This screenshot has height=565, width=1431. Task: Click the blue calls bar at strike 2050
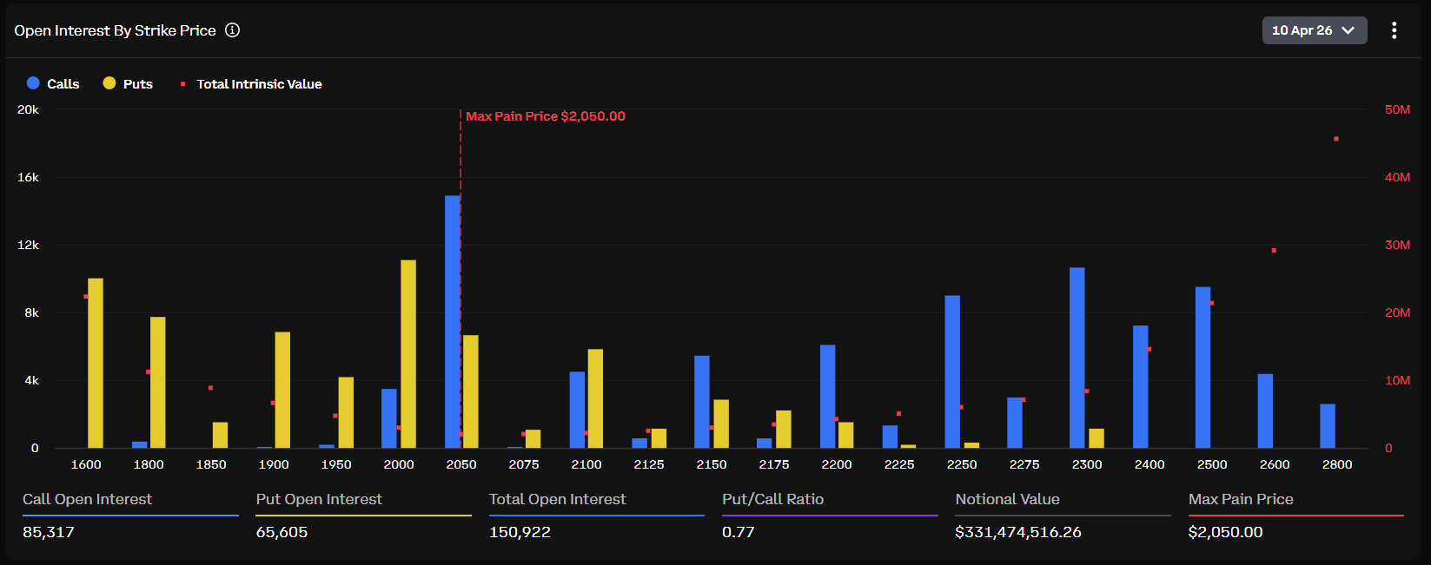pyautogui.click(x=452, y=321)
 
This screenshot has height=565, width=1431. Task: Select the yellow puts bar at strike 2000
pyautogui.click(x=408, y=354)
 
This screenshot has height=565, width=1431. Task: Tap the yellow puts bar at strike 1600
pyautogui.click(x=96, y=363)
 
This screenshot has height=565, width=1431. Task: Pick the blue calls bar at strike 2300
pyautogui.click(x=1077, y=358)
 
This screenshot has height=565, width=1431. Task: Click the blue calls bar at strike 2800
pyautogui.click(x=1328, y=426)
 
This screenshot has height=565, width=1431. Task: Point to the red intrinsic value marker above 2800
pyautogui.click(x=1336, y=139)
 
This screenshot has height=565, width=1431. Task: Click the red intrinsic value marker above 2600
pyautogui.click(x=1274, y=251)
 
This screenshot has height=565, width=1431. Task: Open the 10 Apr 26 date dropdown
pyautogui.click(x=1314, y=30)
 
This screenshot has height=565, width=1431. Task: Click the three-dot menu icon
pyautogui.click(x=1394, y=30)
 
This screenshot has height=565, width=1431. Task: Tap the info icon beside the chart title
pyautogui.click(x=232, y=30)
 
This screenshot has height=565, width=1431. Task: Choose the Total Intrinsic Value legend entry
pyautogui.click(x=251, y=84)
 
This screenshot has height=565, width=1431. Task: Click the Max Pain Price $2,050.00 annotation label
pyautogui.click(x=545, y=116)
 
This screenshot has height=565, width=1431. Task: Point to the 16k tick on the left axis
pyautogui.click(x=29, y=177)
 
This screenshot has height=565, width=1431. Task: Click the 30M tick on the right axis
pyautogui.click(x=1397, y=245)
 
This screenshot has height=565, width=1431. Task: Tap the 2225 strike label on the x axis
pyautogui.click(x=899, y=464)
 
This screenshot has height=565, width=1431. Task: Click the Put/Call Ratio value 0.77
pyautogui.click(x=739, y=532)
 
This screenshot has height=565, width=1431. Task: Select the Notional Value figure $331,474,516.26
pyautogui.click(x=1017, y=532)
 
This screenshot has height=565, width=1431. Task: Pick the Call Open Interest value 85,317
pyautogui.click(x=49, y=532)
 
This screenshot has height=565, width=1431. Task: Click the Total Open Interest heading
pyautogui.click(x=557, y=499)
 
